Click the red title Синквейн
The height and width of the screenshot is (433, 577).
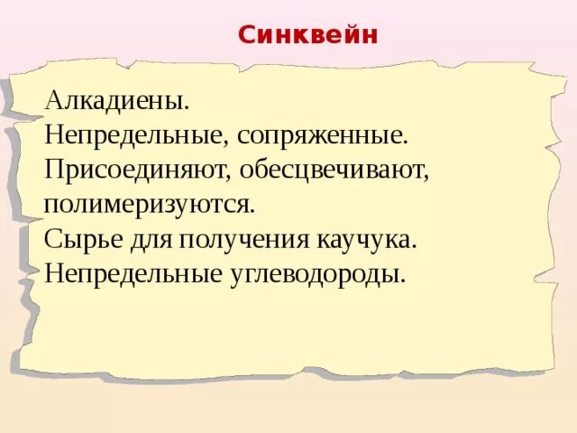[308, 35]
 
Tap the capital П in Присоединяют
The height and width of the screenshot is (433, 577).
[53, 169]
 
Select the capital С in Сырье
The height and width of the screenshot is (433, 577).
[51, 238]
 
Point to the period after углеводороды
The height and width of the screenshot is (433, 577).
[404, 279]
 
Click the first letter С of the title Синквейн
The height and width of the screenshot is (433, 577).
[247, 35]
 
